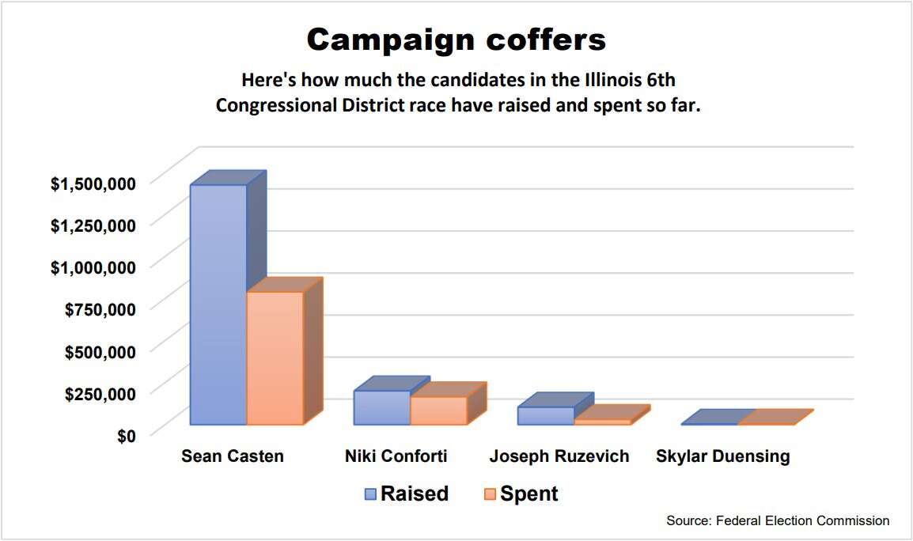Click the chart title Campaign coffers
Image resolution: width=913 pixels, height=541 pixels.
coord(456,39)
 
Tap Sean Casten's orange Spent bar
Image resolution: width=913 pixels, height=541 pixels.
coord(275,358)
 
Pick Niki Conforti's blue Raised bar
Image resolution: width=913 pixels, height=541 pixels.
coord(381,407)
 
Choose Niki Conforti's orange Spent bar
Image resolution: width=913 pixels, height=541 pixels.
coord(438,410)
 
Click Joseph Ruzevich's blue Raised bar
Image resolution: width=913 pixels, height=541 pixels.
coord(545,416)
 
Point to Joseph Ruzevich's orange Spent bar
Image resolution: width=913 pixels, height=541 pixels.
coord(602,422)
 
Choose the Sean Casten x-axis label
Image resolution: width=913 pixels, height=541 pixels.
coord(232,456)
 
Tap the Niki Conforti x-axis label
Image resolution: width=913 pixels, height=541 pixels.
coord(396,456)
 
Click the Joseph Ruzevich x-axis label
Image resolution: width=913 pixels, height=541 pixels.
coord(559,456)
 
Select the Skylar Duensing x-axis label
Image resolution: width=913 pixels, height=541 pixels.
coord(722,456)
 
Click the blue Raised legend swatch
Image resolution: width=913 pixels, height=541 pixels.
coord(370,494)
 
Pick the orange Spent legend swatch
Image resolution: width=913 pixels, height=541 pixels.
coord(489,494)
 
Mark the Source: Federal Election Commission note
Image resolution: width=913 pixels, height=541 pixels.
coord(778,520)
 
